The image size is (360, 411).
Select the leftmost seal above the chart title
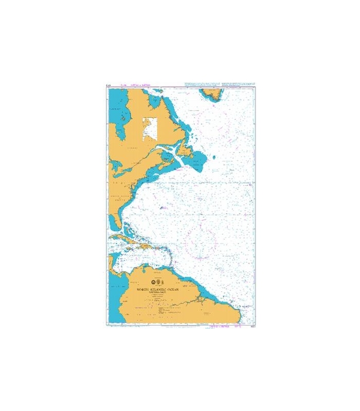pyautogui.click(x=152, y=282)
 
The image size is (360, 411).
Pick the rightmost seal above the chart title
pyautogui.click(x=161, y=282)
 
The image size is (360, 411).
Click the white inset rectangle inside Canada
pyautogui.click(x=150, y=129)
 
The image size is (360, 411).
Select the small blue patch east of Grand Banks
pyautogui.click(x=213, y=156)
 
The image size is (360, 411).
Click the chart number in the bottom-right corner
pyautogui.click(x=250, y=324)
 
